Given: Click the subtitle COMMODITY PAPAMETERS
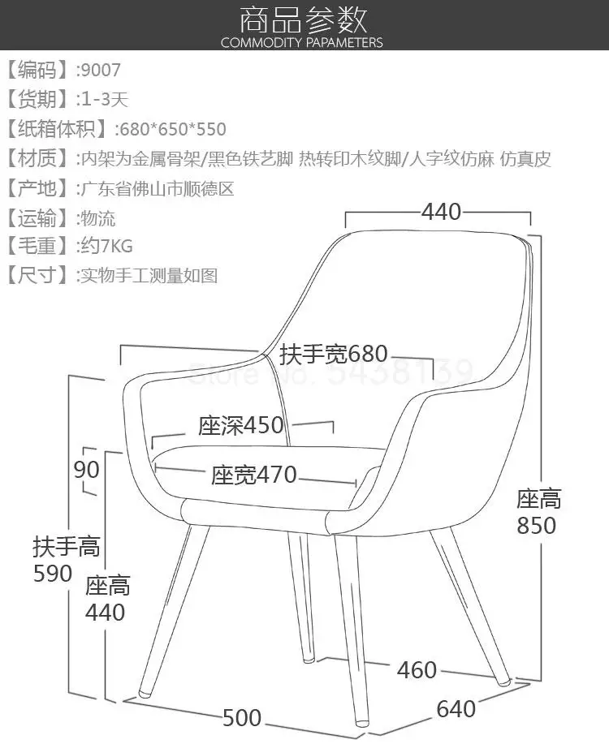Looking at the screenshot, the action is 302,42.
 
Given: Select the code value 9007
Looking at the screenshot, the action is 100,70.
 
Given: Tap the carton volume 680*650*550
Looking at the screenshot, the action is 171,129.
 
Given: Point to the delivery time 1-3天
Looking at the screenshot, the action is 103,100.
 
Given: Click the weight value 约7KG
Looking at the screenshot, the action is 106,245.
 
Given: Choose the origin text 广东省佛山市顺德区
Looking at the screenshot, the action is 156,189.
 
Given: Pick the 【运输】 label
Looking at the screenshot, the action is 37,217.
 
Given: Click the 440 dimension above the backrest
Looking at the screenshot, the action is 441,212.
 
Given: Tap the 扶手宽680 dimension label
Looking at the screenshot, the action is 334,355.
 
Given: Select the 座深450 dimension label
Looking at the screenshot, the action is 241,426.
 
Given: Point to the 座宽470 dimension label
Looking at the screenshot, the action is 254,475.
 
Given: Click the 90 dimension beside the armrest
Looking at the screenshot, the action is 86,470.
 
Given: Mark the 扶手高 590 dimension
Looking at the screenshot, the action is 65,560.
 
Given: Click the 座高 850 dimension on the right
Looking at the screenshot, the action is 538,512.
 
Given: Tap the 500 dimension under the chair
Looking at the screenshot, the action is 242,718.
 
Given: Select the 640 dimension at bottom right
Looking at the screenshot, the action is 456,709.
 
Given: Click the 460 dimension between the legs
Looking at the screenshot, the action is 417,670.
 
